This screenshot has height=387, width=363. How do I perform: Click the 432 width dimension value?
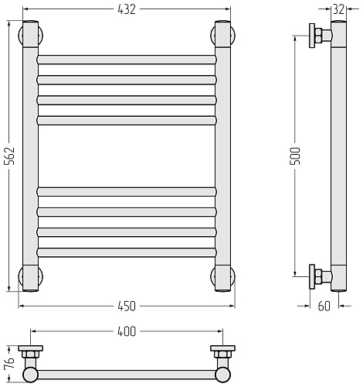tap(127, 9)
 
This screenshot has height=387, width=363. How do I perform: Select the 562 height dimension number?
tap(11, 156)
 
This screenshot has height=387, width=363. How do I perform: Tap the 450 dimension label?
tap(127, 307)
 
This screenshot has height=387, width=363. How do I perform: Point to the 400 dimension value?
tap(127, 331)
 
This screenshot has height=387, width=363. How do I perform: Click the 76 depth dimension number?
tap(10, 364)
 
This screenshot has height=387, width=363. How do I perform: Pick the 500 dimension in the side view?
tap(295, 156)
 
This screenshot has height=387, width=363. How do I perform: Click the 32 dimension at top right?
tap(338, 9)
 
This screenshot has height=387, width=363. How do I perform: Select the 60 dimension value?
tap(324, 307)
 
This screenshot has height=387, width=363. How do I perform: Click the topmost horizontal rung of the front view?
tap(127, 60)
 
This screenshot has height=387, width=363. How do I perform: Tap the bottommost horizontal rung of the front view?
tap(127, 252)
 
